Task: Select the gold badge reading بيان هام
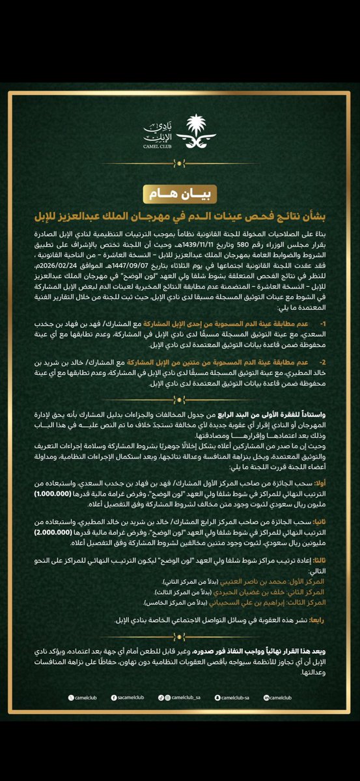pos(180,194)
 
